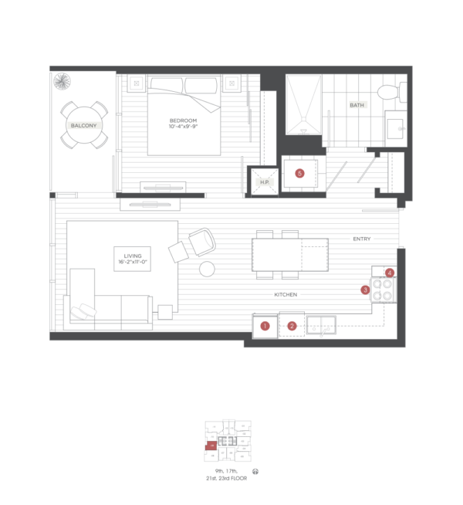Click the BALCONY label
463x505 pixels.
point(84,125)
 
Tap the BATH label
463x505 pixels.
point(357,104)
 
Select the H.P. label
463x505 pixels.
point(265,182)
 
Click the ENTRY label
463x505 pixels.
point(361,239)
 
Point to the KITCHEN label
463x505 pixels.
point(286,295)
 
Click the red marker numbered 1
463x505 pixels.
point(265,326)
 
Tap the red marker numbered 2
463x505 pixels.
point(292,326)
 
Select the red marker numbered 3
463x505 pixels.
point(365,290)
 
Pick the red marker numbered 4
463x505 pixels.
point(390,273)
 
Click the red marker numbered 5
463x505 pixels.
point(299,173)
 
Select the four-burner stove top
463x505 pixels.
point(383,290)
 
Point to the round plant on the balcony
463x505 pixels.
point(62,81)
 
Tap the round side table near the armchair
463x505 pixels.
point(206,269)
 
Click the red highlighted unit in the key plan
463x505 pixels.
point(211,446)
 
